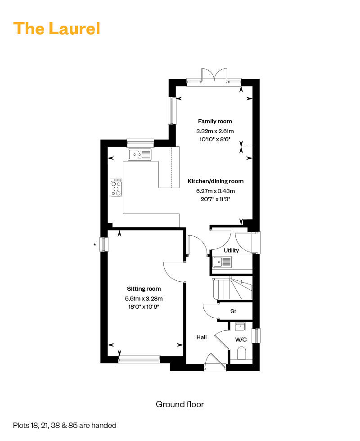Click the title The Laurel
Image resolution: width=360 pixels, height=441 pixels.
click(x=57, y=28)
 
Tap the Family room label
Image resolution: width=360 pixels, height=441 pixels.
click(x=215, y=121)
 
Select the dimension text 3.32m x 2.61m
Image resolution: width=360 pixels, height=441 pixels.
click(x=215, y=131)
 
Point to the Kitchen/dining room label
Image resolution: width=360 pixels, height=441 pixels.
click(x=216, y=181)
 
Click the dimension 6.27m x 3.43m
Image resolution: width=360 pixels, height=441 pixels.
click(x=216, y=191)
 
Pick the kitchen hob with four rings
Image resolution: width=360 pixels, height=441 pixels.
click(x=116, y=188)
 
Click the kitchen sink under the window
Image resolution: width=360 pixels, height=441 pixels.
click(x=139, y=154)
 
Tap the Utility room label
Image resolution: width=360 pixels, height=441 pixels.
click(x=231, y=250)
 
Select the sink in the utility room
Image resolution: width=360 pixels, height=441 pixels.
click(x=222, y=262)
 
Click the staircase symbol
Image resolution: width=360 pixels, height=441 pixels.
click(x=233, y=289)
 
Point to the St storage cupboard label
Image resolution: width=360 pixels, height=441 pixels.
click(x=233, y=311)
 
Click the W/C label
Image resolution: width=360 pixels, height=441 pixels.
click(x=241, y=339)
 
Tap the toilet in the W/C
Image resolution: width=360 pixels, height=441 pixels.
click(x=242, y=353)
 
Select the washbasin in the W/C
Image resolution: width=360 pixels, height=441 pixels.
click(x=240, y=327)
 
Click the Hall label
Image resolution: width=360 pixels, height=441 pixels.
click(x=202, y=337)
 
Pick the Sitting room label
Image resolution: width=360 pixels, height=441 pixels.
click(x=144, y=288)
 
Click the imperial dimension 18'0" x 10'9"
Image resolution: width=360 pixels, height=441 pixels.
click(x=144, y=306)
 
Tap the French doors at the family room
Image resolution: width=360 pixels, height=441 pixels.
click(x=214, y=76)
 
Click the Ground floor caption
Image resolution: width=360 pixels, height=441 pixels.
click(x=180, y=404)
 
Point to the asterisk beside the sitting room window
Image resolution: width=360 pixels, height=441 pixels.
click(x=95, y=245)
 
